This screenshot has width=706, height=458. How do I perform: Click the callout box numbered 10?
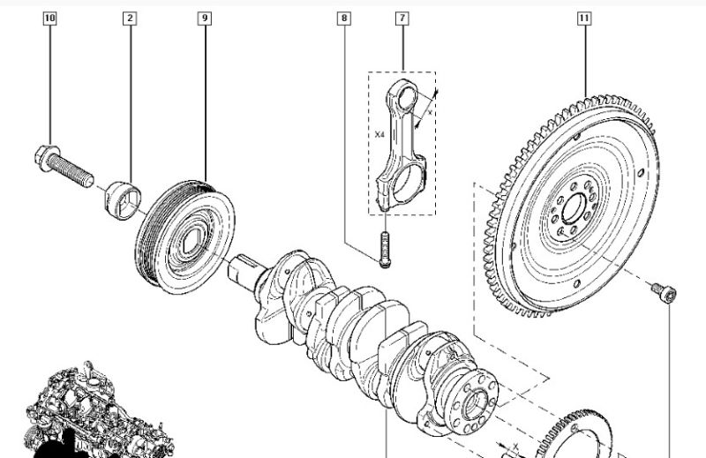[x=50, y=19]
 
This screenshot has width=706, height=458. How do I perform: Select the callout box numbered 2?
[x=130, y=19]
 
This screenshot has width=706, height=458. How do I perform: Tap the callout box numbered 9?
[x=205, y=19]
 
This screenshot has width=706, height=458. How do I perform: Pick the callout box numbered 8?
[x=344, y=19]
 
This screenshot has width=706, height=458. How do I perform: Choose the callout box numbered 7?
[x=402, y=19]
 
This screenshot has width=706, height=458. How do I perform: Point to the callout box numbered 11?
[x=584, y=19]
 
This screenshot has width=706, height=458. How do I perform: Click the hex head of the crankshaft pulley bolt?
[x=46, y=158]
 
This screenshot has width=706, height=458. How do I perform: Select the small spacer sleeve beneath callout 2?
[x=123, y=200]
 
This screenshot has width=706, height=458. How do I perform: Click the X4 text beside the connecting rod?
[x=379, y=134]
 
